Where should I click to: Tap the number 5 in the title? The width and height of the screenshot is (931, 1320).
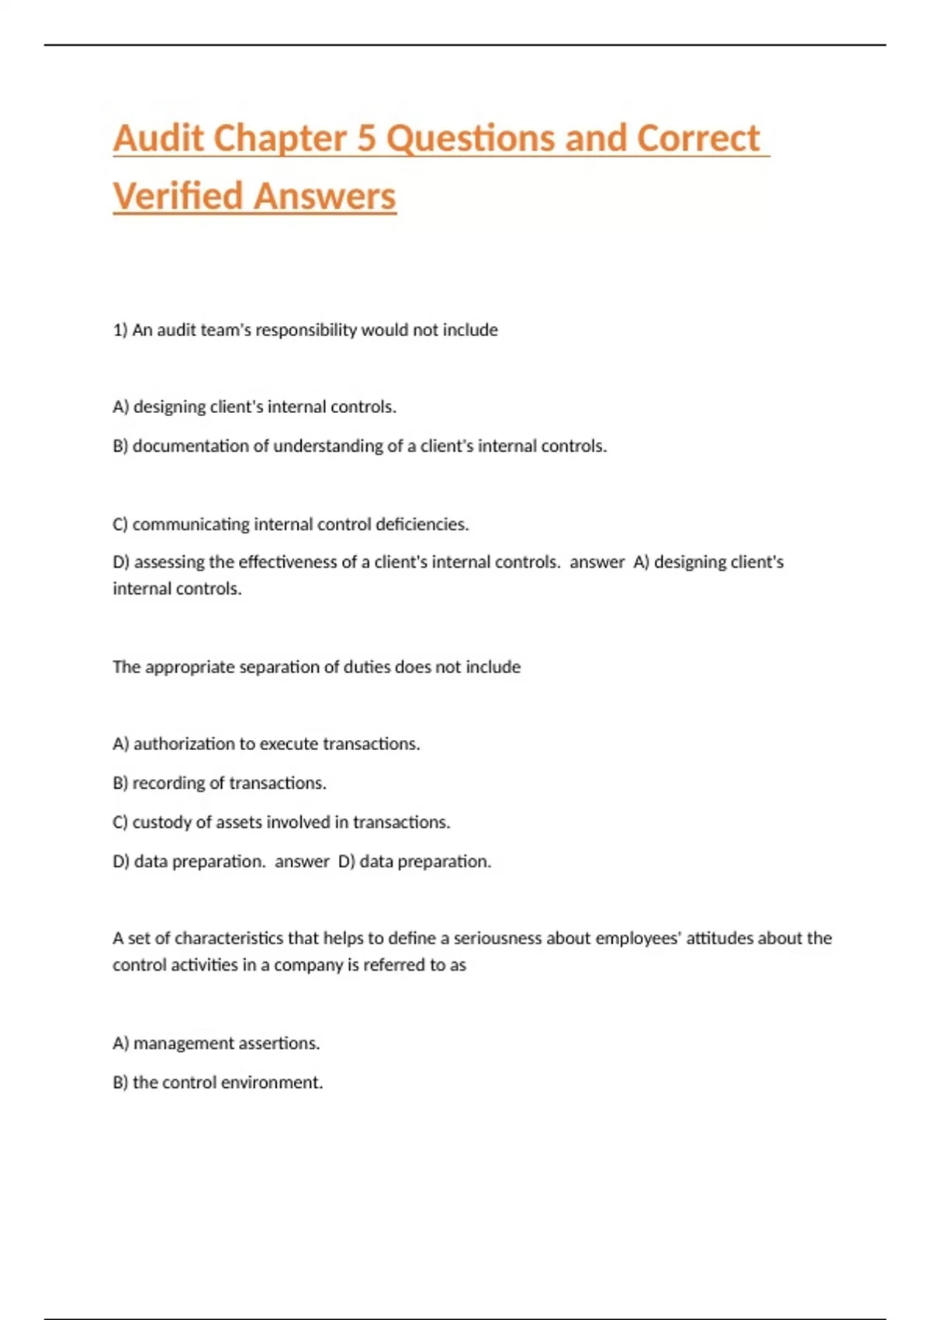point(366,138)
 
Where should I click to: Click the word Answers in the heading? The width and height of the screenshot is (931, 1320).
point(325,196)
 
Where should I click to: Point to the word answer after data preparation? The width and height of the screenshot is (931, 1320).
point(302,861)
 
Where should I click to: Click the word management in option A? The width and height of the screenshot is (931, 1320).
point(173,1043)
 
